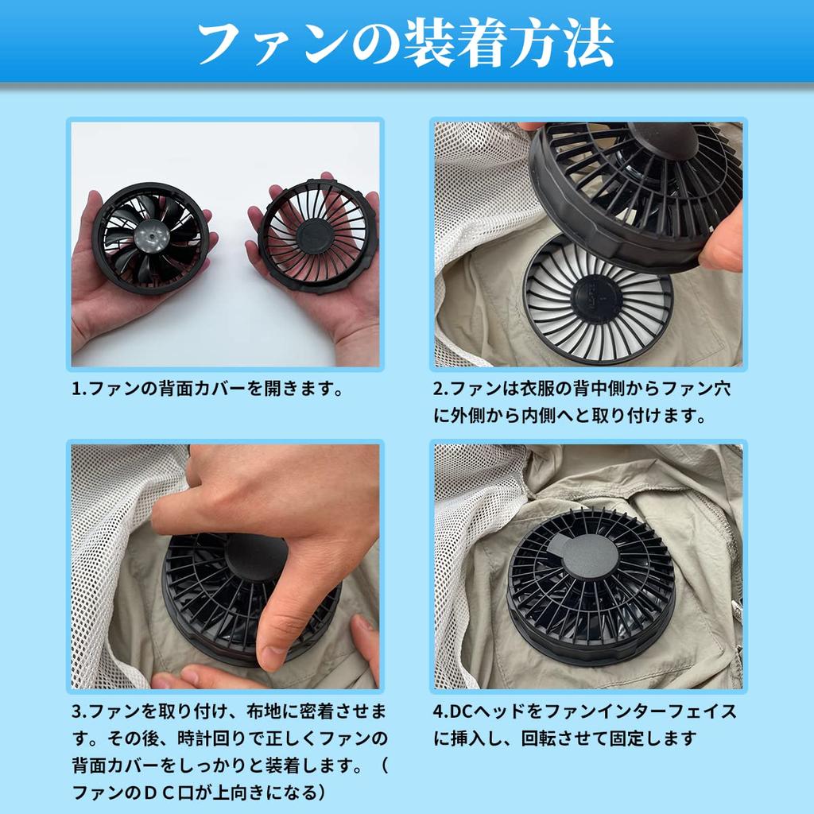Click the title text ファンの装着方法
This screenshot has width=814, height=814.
[x=406, y=43]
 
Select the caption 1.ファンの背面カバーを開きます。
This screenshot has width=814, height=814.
[x=207, y=390]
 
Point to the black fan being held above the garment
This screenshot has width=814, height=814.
[x=636, y=191]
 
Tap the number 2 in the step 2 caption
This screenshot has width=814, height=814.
[x=438, y=390]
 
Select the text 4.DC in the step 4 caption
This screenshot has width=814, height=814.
[x=454, y=711]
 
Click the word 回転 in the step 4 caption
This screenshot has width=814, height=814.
[x=541, y=738]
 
